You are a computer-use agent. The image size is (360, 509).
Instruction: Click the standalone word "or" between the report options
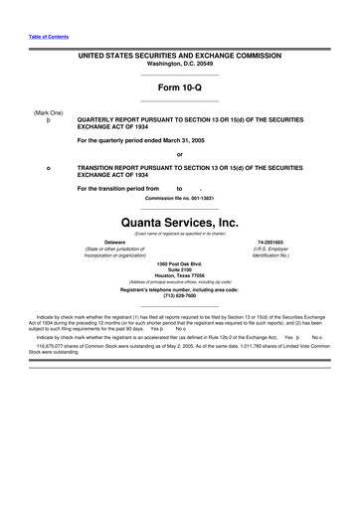click(179, 154)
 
